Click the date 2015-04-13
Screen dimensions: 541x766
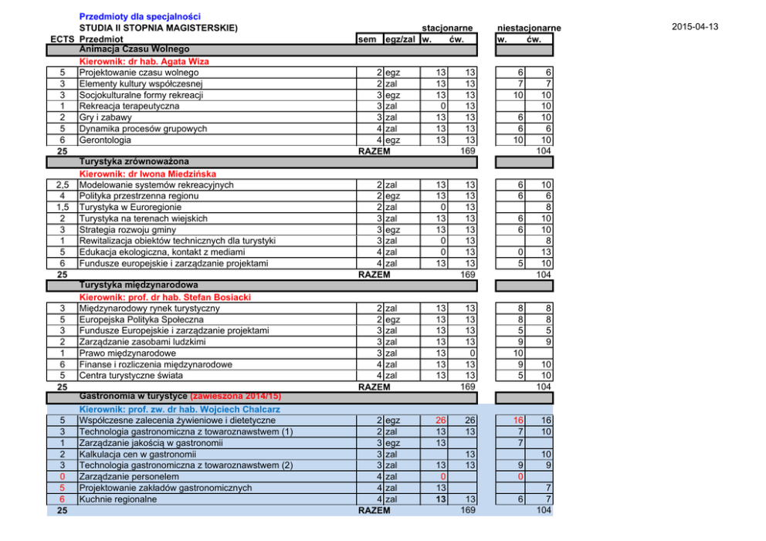(695, 27)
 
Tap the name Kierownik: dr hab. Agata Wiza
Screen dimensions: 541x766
(144, 62)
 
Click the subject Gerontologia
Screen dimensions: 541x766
(105, 140)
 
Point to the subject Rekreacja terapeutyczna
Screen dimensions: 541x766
(129, 106)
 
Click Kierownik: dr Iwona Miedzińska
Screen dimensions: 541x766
(147, 174)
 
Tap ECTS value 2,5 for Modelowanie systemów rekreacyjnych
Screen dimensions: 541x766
(63, 185)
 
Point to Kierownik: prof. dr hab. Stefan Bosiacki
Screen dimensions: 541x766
(165, 297)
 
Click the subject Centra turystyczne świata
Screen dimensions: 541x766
(131, 376)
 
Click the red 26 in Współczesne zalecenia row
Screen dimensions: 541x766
(441, 421)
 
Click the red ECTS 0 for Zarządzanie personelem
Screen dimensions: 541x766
(62, 476)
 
